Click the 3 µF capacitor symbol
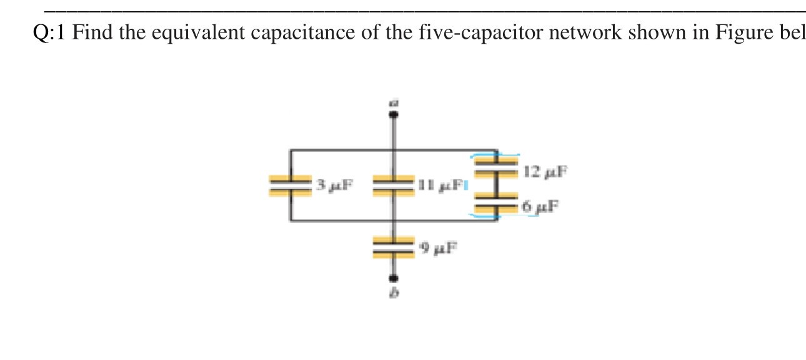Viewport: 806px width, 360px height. (290, 186)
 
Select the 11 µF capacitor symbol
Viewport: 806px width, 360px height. (393, 186)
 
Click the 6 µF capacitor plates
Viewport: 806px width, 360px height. (496, 206)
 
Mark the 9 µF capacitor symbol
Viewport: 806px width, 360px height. (393, 247)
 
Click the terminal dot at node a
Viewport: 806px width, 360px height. (393, 114)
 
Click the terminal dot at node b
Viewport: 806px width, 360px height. (393, 279)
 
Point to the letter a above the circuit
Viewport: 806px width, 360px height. (394, 100)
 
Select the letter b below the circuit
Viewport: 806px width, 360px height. (394, 296)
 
